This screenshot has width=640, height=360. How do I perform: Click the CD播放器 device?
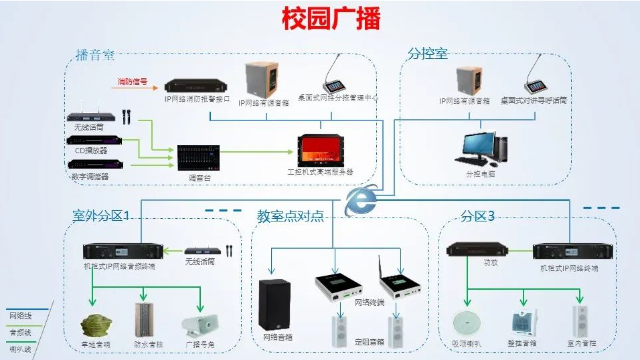pyautogui.click(x=94, y=141)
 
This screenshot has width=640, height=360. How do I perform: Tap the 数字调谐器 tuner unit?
pyautogui.click(x=94, y=165)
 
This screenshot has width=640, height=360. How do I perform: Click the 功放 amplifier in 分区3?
pyautogui.click(x=473, y=251)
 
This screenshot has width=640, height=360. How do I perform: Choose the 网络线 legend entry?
pyautogui.click(x=19, y=315)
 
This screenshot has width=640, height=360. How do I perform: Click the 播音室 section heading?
pyautogui.click(x=95, y=55)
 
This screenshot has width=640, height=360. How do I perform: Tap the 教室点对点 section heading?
pyautogui.click(x=290, y=216)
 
